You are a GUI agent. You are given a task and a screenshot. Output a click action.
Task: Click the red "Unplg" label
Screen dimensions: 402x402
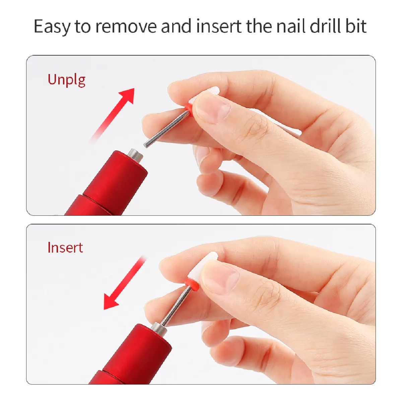tap(66, 80)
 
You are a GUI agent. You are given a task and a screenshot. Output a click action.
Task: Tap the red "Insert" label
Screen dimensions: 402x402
tap(65, 248)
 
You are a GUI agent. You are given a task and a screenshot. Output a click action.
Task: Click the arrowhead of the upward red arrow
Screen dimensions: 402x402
tap(127, 95)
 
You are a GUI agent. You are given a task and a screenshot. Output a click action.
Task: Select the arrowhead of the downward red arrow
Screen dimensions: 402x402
tap(110, 302)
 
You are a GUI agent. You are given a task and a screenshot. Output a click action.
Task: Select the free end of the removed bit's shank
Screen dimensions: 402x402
tap(146, 145)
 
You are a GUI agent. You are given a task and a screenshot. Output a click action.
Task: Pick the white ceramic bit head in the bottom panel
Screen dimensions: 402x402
tap(202, 265)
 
